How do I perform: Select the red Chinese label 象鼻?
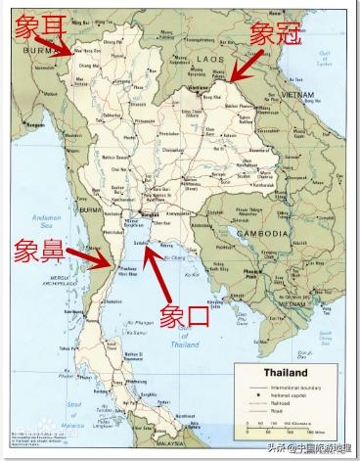(x=36, y=251)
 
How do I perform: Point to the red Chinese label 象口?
(x=185, y=316)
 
